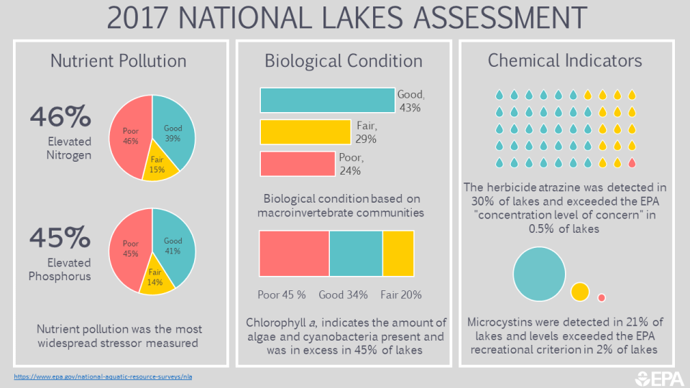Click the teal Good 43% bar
click(x=327, y=100)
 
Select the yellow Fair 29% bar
click(x=305, y=132)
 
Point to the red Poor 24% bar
click(x=297, y=164)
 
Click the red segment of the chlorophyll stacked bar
click(x=294, y=253)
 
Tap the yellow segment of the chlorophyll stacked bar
click(x=398, y=253)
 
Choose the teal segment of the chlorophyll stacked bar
click(x=356, y=253)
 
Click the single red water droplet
click(x=632, y=163)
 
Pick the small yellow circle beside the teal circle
click(x=580, y=292)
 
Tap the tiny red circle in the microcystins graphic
click(x=602, y=297)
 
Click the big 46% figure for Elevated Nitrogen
click(x=60, y=115)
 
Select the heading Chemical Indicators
click(x=565, y=60)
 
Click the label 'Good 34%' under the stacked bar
click(x=343, y=295)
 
